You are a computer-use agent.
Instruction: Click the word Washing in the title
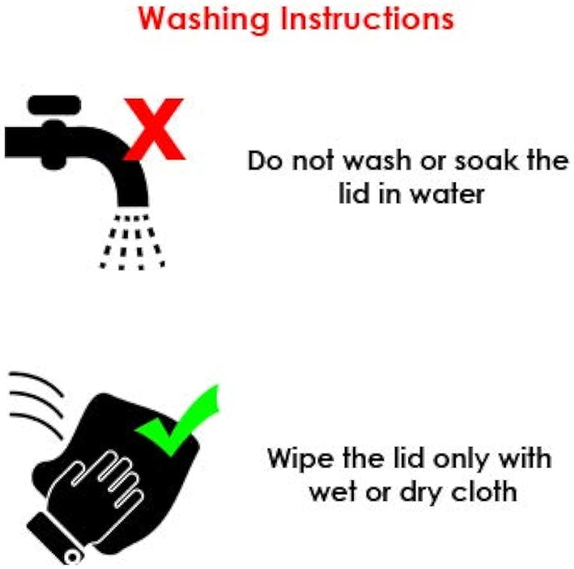204,20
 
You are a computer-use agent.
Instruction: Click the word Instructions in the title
367,19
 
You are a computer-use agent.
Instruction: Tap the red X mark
154,129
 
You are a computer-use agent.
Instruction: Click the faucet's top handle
54,105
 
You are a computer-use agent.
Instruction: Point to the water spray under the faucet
132,242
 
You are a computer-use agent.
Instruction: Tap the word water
448,194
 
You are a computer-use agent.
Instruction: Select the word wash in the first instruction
378,161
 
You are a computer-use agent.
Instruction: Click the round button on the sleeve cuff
73,557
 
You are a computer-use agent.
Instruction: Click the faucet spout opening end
133,206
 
